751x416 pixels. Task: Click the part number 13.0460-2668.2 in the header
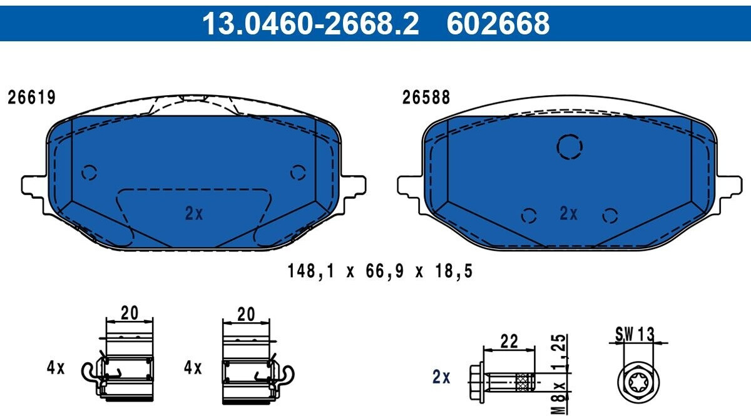tap(310, 23)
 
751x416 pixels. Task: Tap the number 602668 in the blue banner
tap(498, 23)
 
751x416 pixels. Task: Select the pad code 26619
tap(31, 98)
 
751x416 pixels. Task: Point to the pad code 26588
tap(426, 98)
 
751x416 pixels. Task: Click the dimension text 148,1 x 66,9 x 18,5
tap(381, 271)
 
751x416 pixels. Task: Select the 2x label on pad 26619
tap(194, 213)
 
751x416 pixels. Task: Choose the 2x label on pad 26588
tap(569, 213)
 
